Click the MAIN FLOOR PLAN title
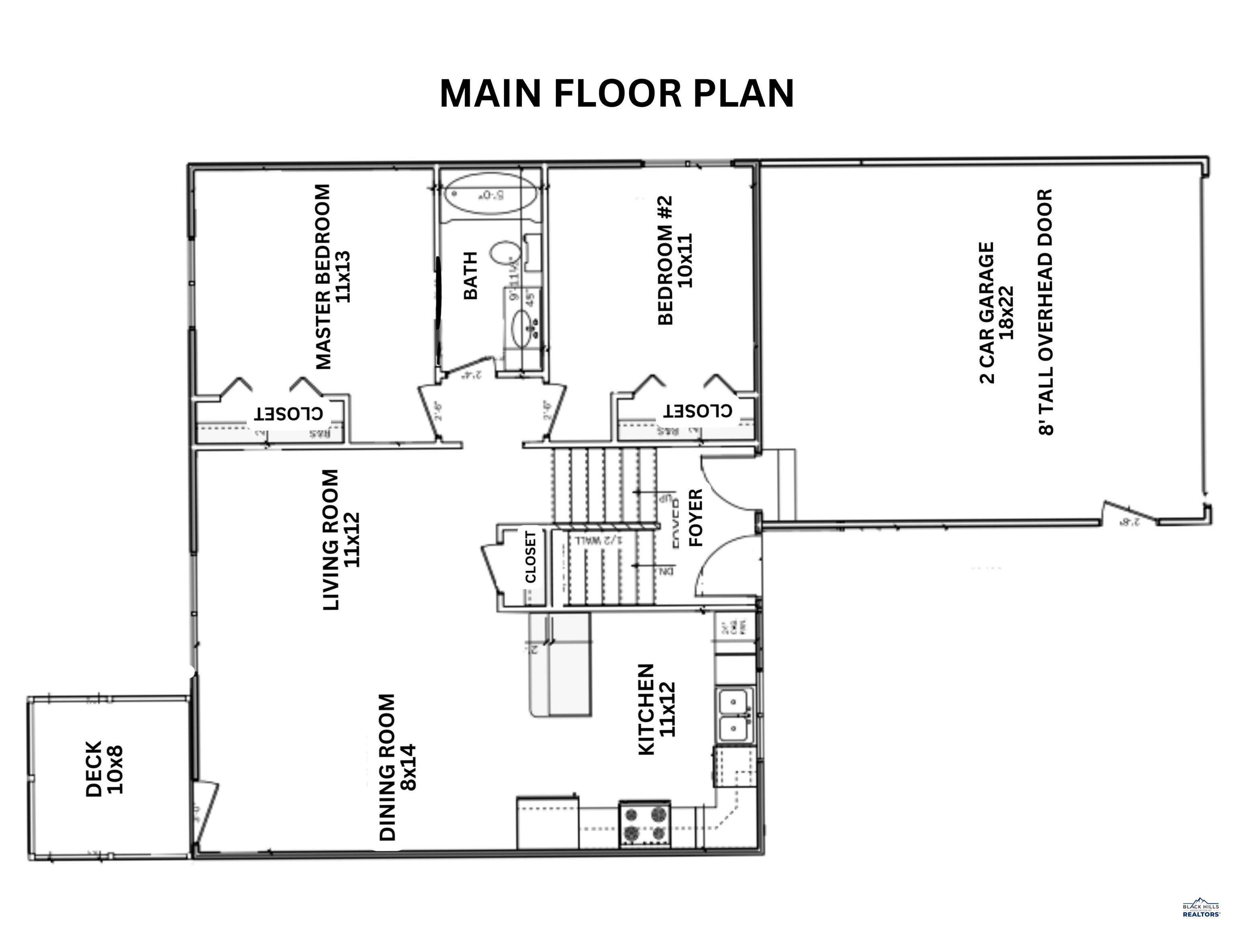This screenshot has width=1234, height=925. coord(617,94)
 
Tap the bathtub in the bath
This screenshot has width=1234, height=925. coord(490,195)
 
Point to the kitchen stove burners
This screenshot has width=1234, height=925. coord(644,825)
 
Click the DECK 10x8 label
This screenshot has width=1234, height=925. coord(104,769)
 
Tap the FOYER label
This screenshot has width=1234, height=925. coord(696,517)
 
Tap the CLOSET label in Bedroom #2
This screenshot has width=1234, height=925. coord(697,410)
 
